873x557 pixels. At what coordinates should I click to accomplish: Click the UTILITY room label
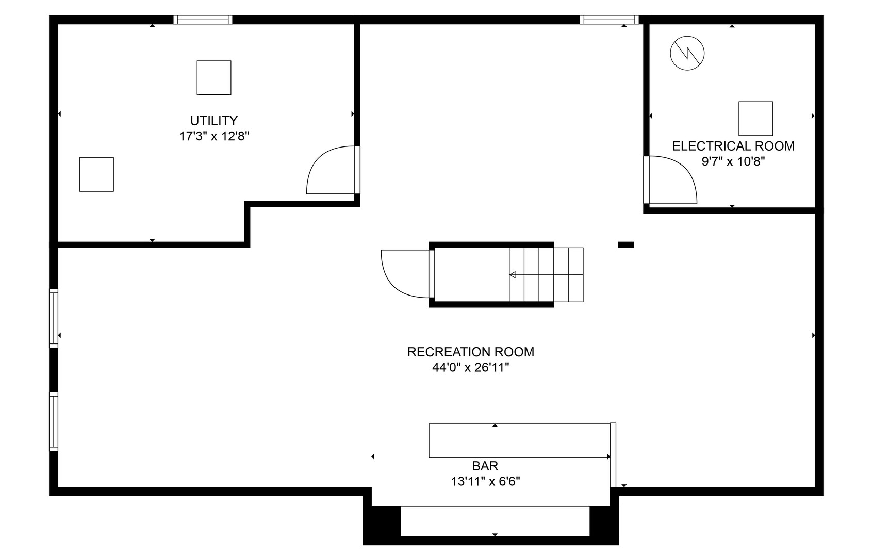(213, 121)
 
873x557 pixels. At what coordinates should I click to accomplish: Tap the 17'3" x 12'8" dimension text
(214, 137)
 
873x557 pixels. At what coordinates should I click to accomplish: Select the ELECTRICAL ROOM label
(733, 146)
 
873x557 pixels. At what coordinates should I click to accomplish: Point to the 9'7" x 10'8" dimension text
(733, 161)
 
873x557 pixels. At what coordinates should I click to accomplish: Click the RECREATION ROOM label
(470, 352)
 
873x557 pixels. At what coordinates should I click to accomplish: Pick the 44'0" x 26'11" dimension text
(470, 368)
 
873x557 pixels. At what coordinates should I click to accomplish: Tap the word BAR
(485, 466)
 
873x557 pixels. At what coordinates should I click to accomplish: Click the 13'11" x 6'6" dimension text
(485, 482)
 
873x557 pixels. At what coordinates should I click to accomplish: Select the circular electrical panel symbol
(687, 53)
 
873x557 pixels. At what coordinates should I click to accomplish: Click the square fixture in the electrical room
(756, 119)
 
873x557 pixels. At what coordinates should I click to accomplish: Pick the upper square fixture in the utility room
(214, 77)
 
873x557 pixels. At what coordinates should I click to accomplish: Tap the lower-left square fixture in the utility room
(96, 175)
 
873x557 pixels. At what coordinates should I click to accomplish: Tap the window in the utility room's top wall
(203, 20)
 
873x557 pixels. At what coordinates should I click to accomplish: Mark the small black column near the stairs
(626, 245)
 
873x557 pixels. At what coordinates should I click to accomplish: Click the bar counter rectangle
(519, 440)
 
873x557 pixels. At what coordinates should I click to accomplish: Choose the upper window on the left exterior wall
(54, 318)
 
